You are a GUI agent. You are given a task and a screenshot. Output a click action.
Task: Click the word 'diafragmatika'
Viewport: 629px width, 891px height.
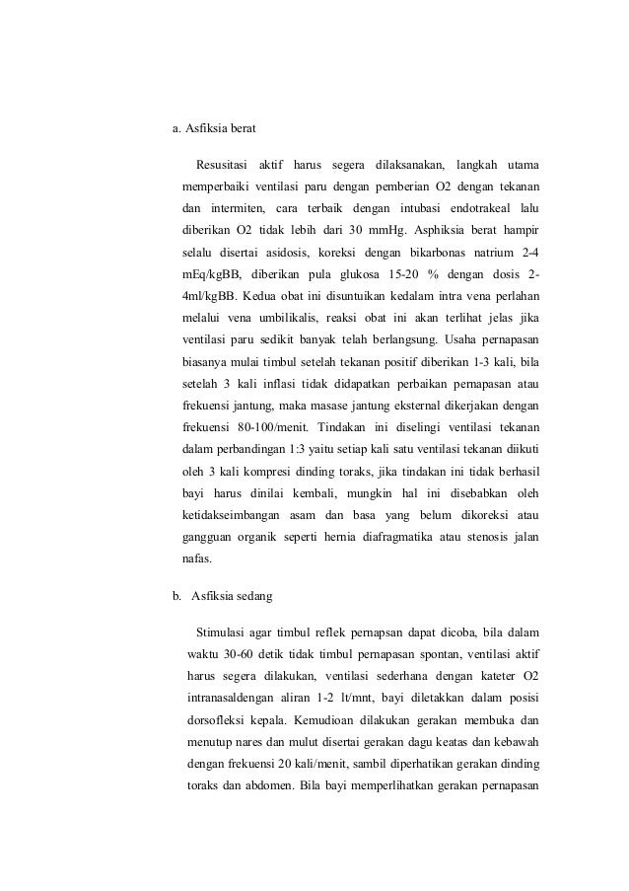pos(374,535)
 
